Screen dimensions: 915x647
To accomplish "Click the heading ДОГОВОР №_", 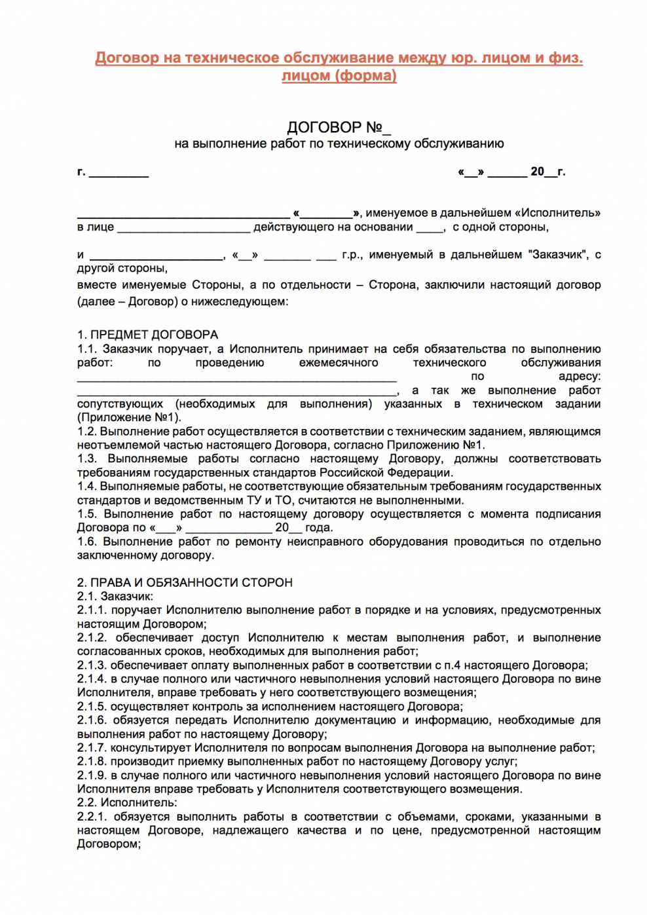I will coord(339,127).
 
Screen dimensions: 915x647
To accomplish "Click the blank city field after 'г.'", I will coord(119,174).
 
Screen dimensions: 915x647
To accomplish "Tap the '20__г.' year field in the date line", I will coord(547,172).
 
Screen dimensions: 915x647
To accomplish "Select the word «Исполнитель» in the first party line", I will coord(557,213).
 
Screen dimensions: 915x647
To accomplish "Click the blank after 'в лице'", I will coord(183,229).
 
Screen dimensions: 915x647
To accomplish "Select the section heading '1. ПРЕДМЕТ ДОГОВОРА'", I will coord(147,335).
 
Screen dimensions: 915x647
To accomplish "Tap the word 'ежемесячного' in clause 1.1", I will coord(339,363).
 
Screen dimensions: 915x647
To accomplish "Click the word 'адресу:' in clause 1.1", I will coord(579,377).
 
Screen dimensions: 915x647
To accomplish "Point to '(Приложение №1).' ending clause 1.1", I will coord(129,418).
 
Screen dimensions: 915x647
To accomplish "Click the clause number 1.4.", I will coord(86,487).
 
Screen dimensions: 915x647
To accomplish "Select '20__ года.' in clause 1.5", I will coord(304,528).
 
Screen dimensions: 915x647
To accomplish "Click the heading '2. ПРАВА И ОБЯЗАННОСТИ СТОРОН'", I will coord(185,583).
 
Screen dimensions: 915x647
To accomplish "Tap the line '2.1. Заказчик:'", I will coord(115,597).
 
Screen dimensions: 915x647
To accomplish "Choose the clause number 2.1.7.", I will coord(92,748).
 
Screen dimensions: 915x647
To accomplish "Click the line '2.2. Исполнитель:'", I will coord(126,803).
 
